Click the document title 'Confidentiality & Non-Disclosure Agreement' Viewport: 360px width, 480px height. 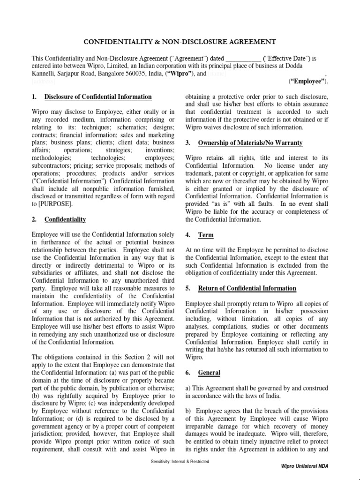click(180, 42)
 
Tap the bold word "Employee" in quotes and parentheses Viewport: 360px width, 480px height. click(308, 82)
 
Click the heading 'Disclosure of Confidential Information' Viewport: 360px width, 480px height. click(98, 97)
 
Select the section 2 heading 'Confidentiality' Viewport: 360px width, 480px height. click(65, 219)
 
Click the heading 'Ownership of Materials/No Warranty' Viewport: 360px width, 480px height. click(250, 142)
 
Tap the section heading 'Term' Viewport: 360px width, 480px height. click(206, 235)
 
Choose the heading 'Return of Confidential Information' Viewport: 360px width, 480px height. click(247, 288)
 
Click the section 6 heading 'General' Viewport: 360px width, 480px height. click(209, 373)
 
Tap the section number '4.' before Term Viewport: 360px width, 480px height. click(188, 235)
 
